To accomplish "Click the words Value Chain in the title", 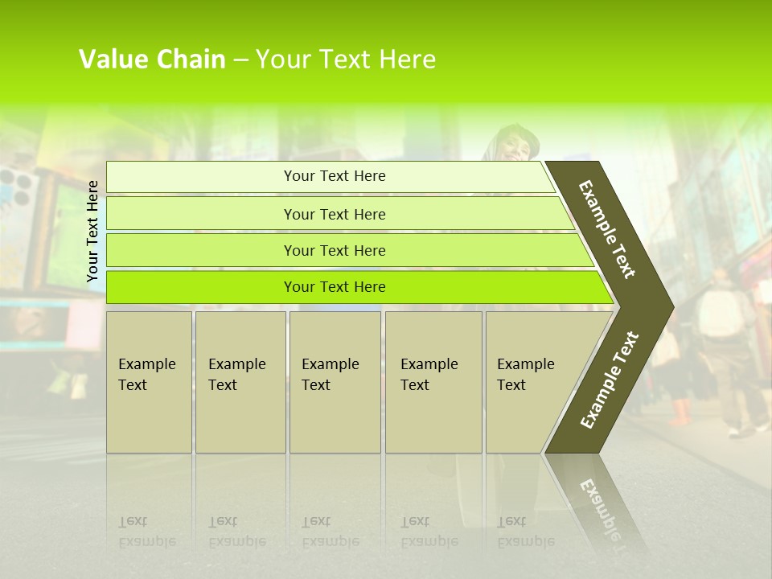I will (152, 60).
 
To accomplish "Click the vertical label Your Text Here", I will (92, 231).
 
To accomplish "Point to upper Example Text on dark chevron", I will (607, 229).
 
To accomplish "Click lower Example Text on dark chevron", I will (609, 380).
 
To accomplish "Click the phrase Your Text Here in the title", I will (346, 60).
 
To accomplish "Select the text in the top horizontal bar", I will (335, 176).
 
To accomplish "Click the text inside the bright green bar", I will (335, 287).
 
